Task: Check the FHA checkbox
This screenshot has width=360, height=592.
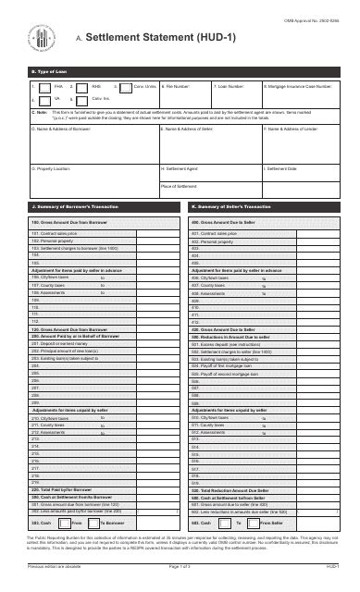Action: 36,85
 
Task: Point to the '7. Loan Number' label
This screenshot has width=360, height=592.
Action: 230,85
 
